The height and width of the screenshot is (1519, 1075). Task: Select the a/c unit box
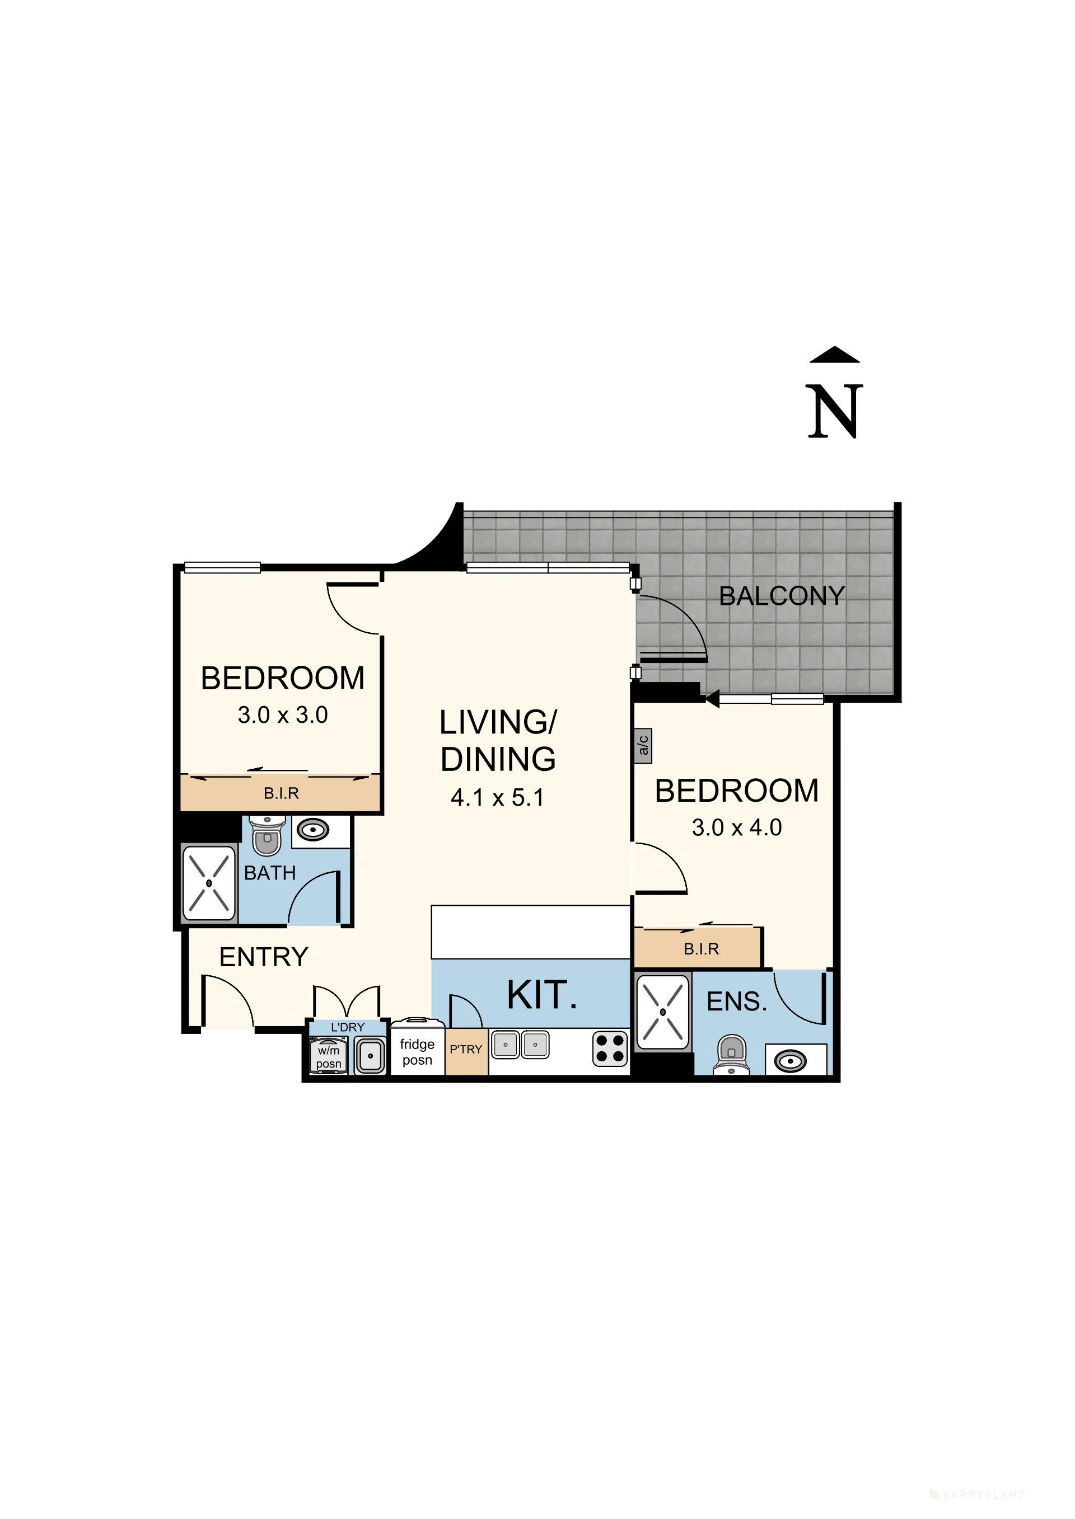(643, 746)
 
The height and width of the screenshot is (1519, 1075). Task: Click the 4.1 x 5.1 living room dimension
(497, 798)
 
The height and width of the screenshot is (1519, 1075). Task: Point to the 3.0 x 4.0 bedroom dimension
(736, 827)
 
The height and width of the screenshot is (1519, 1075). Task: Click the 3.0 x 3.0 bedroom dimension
(283, 715)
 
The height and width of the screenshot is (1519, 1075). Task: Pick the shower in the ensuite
(662, 1012)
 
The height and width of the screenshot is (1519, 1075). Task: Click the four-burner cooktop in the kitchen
(610, 1048)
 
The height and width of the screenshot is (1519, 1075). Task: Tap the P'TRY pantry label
(466, 1049)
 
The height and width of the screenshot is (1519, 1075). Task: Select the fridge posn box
(417, 1051)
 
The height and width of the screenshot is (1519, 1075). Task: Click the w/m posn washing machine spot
(328, 1056)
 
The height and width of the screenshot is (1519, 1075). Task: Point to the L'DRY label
(348, 1027)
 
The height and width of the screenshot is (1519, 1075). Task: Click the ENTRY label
(264, 957)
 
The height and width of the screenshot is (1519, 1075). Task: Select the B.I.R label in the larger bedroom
(701, 949)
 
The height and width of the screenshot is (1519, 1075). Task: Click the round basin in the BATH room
(312, 829)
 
